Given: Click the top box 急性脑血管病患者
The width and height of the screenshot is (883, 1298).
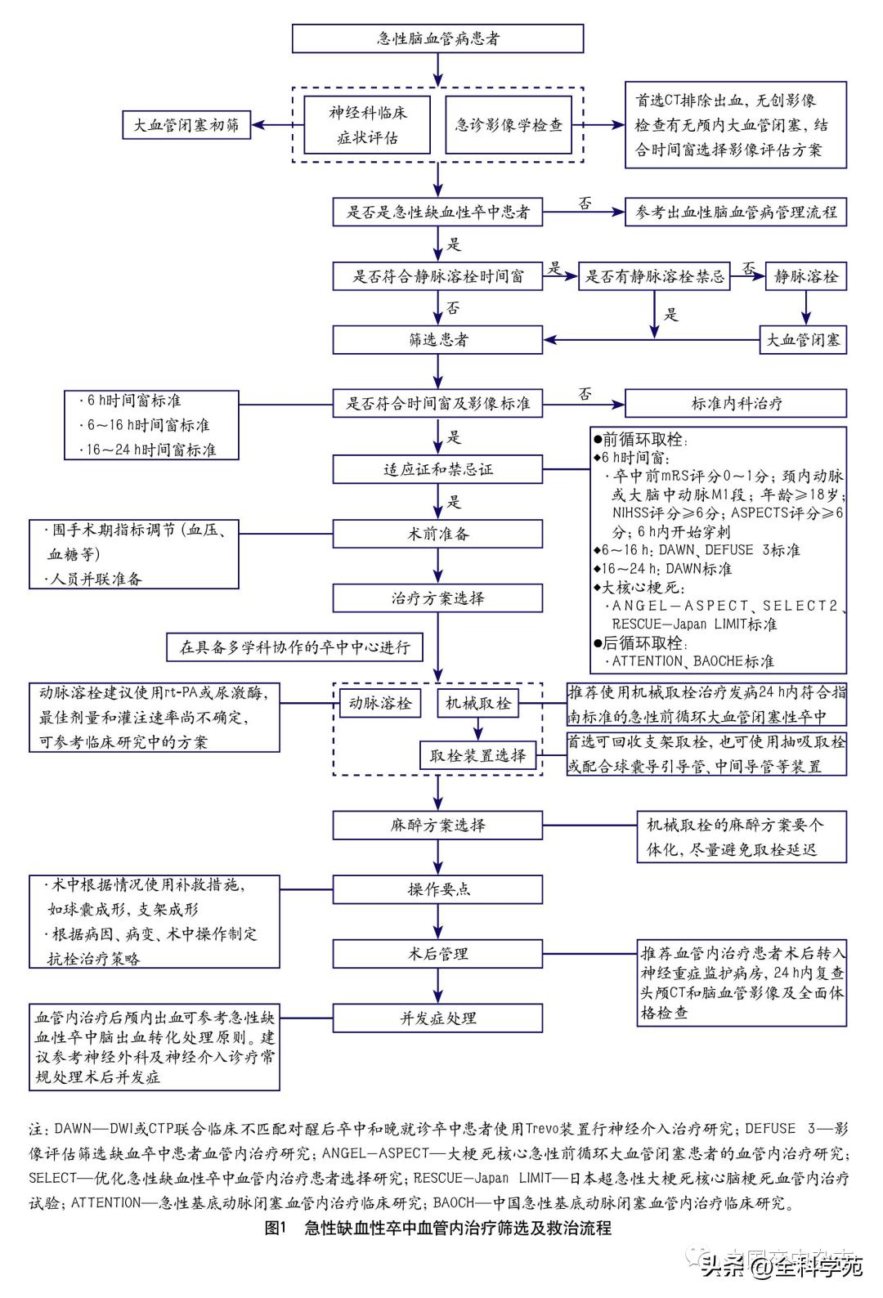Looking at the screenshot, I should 437,38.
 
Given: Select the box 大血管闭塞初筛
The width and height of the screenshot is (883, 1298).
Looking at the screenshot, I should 186,125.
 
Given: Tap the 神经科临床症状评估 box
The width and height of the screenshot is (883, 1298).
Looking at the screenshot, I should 367,125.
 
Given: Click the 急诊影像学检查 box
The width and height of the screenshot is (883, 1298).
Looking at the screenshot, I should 509,125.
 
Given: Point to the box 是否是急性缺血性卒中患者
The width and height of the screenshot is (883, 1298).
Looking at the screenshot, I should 437,213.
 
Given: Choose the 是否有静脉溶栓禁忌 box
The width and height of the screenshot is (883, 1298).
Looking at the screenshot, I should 654,276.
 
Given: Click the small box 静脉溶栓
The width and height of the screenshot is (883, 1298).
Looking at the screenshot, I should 805,276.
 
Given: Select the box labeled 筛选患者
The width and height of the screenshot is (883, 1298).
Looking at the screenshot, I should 437,339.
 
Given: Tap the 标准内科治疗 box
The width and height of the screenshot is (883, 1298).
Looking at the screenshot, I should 735,403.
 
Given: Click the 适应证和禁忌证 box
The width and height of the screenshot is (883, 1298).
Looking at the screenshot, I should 437,469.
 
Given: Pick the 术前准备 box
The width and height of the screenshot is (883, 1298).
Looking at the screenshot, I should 437,534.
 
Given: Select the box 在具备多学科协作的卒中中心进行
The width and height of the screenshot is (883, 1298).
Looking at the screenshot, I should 294,647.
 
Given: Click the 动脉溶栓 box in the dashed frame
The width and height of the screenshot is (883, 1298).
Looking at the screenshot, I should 379,703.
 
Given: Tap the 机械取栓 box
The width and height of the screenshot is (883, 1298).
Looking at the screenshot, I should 477,703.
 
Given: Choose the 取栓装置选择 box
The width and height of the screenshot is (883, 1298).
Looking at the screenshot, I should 477,755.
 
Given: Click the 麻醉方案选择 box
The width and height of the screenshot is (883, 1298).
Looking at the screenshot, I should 437,825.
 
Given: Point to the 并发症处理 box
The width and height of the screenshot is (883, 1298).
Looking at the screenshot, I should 437,1018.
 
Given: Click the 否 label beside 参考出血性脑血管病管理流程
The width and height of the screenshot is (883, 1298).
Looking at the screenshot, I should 585,204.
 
